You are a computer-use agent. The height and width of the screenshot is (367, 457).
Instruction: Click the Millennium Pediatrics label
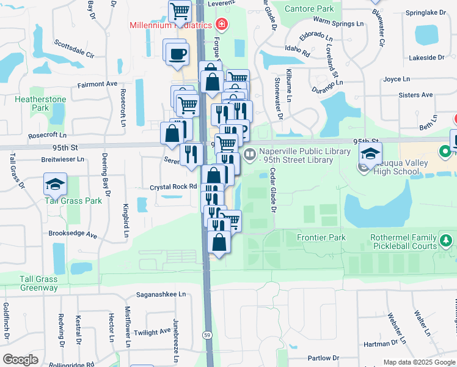[170, 25]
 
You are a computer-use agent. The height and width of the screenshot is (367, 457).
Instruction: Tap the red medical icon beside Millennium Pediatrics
[221, 25]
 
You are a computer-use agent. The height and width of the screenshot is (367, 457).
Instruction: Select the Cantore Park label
[310, 9]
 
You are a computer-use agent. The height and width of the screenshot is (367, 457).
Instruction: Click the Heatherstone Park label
[31, 103]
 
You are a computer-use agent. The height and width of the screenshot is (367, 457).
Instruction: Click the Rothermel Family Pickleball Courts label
[403, 242]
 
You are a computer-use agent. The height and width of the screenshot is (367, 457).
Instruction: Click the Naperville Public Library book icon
[249, 155]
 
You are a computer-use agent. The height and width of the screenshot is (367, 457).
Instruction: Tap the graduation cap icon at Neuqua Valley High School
[370, 154]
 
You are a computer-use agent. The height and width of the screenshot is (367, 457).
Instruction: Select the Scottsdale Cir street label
[74, 48]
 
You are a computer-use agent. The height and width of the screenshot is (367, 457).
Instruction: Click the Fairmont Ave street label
[97, 84]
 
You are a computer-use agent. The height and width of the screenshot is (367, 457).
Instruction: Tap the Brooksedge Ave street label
[73, 234]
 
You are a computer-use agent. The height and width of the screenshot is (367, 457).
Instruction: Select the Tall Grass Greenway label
[38, 283]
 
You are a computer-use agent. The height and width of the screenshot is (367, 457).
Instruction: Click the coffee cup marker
[177, 53]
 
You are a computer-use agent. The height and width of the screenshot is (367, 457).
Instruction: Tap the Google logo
[20, 360]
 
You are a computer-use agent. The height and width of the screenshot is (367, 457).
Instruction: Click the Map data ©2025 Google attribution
[419, 362]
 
